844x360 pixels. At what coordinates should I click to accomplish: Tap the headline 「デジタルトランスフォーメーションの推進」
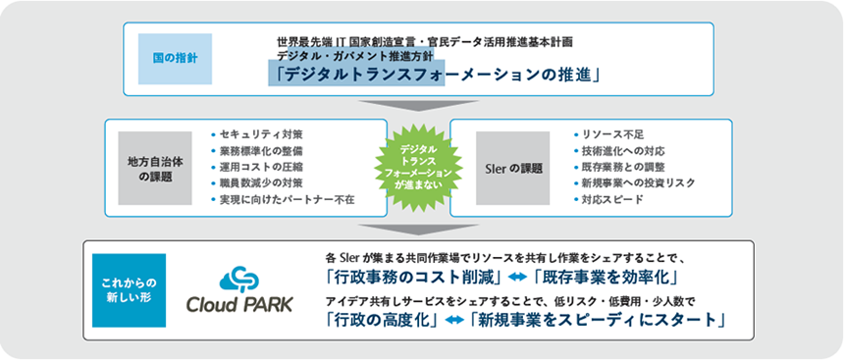(x=437, y=76)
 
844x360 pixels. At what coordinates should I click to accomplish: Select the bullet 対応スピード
(x=610, y=200)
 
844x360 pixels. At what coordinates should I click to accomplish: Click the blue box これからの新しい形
(x=130, y=290)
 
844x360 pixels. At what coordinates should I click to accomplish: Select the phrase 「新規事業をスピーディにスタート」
(x=597, y=320)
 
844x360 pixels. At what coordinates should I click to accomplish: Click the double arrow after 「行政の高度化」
(x=453, y=321)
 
